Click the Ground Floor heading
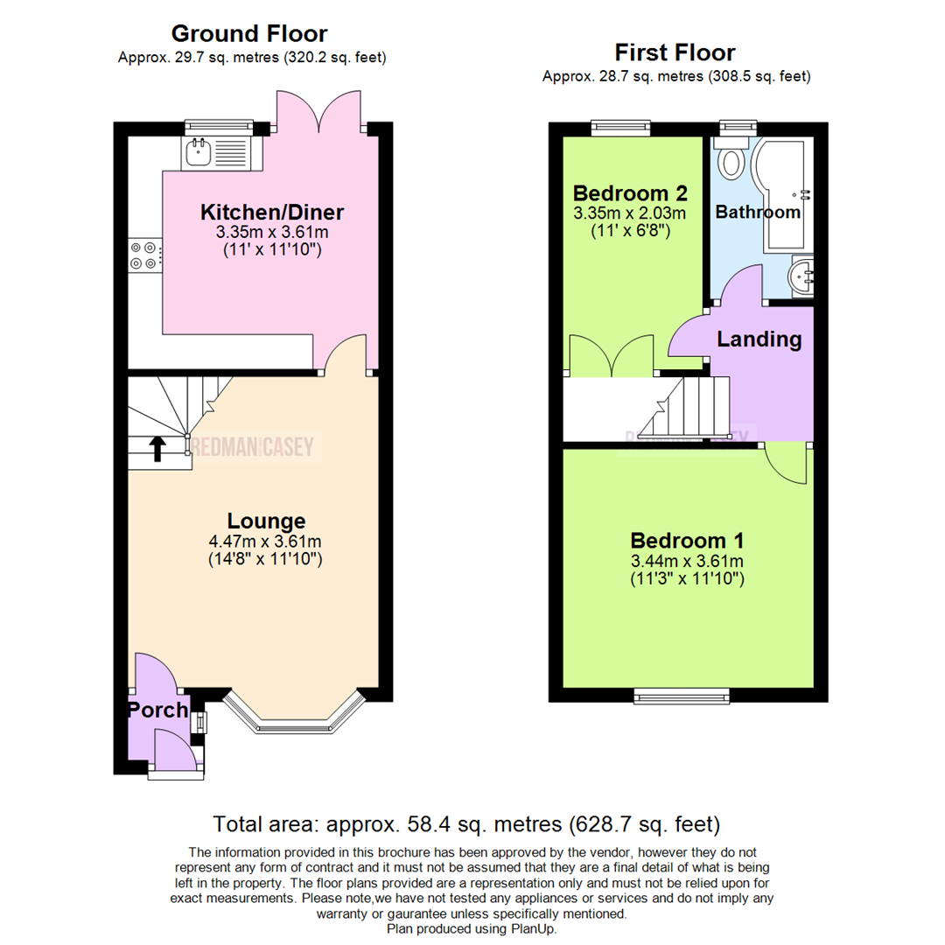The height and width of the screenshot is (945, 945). coord(249,34)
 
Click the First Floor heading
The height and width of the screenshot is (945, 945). coord(675,52)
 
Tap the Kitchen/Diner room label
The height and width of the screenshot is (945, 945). coord(272,213)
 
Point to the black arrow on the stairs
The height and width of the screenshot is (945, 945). coord(157,449)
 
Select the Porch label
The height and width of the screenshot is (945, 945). coord(158,710)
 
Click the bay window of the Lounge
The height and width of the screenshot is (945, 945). coord(293,713)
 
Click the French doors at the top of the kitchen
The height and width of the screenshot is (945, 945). coord(318,111)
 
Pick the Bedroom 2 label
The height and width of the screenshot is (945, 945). coord(629,192)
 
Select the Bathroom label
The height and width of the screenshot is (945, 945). coord(758,212)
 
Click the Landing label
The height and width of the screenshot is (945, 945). coord(759,339)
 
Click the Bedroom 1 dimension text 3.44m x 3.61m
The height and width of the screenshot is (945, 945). coord(687,561)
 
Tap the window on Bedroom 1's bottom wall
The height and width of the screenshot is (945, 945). coord(682,696)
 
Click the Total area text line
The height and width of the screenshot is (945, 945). coord(466,823)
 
